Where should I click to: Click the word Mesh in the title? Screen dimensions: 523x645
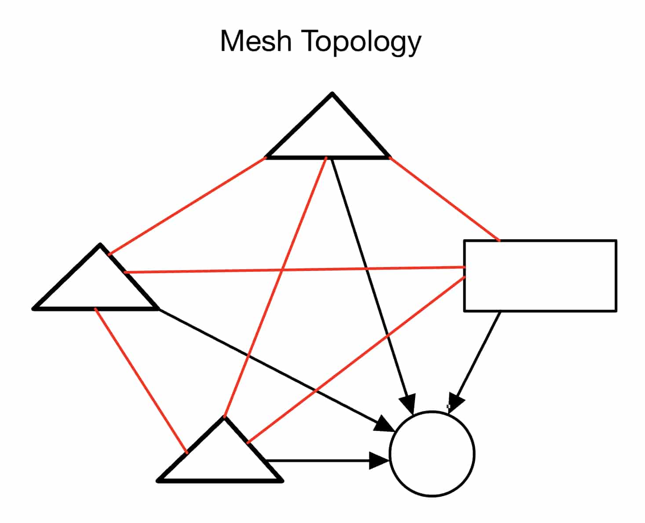255,41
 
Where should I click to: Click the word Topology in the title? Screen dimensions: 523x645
362,43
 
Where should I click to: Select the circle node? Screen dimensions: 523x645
432,454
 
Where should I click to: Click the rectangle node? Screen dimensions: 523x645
540,276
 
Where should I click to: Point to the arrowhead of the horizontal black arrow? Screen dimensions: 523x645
379,461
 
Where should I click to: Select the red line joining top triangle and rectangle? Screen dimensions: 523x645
444,199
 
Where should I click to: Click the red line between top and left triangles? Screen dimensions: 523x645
187,206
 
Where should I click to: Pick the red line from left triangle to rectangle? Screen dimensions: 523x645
295,270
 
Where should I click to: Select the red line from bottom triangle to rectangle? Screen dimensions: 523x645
356,359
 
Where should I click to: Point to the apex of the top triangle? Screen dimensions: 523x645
332,94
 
